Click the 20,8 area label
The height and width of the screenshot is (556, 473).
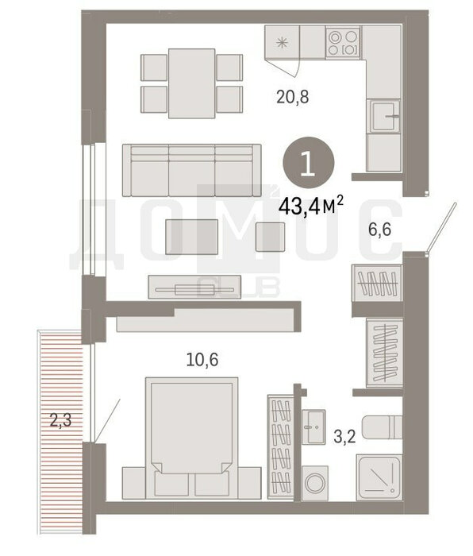(293, 97)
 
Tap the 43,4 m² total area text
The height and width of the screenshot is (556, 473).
(311, 207)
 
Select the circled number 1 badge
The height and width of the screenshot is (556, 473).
(308, 163)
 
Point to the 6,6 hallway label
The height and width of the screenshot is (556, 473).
(379, 230)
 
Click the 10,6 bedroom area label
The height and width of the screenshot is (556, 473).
(202, 360)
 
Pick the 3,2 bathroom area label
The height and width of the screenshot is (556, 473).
(344, 437)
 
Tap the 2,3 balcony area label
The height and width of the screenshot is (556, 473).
(60, 420)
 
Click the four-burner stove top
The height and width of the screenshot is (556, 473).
(343, 43)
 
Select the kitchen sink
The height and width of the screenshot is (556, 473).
(383, 116)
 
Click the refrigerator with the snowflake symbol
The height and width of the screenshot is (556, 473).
(283, 43)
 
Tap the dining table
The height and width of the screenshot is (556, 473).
(192, 83)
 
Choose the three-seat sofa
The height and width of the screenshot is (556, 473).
(192, 170)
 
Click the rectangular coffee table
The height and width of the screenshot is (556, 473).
(192, 237)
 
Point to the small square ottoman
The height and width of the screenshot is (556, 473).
(270, 237)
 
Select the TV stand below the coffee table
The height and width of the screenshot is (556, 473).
(194, 287)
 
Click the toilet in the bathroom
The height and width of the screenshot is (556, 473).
(383, 427)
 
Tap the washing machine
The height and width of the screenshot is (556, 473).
(315, 483)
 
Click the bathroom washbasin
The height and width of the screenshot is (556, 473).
(313, 427)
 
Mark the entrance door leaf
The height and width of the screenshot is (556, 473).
(440, 227)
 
